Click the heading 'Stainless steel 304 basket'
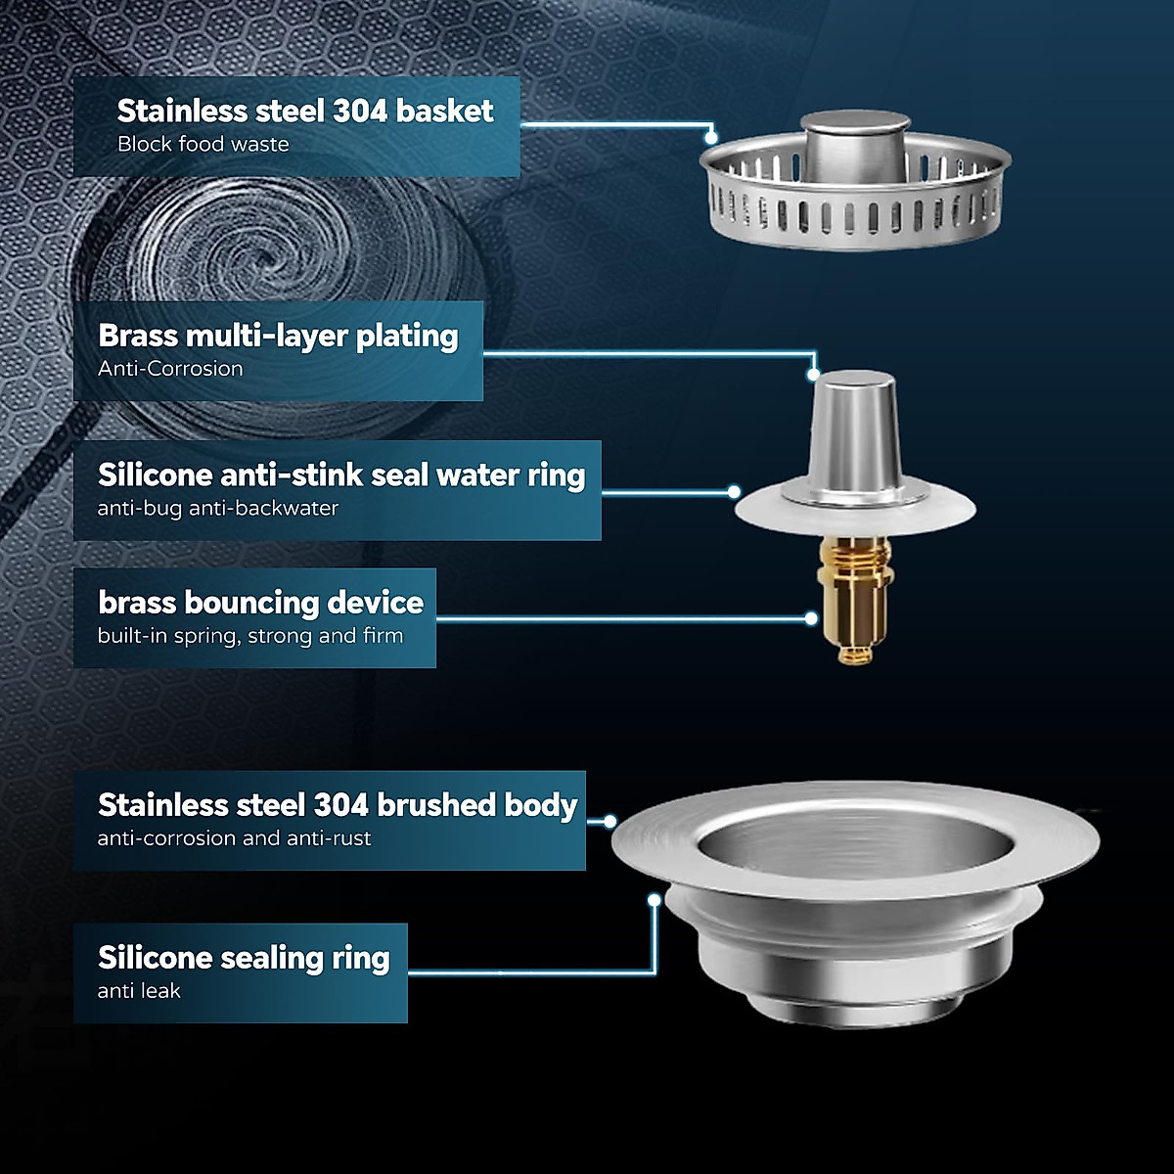pyautogui.click(x=304, y=111)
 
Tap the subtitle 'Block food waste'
pyautogui.click(x=203, y=144)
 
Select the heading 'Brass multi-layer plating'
pyautogui.click(x=278, y=336)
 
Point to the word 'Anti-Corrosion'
pyautogui.click(x=170, y=369)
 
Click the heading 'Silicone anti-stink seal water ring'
pyautogui.click(x=341, y=475)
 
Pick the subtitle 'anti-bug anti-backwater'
pyautogui.click(x=217, y=508)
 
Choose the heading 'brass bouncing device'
pyautogui.click(x=260, y=603)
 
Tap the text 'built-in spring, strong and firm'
pyautogui.click(x=249, y=636)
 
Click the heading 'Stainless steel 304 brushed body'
pyautogui.click(x=338, y=805)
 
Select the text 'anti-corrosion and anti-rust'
pyautogui.click(x=234, y=838)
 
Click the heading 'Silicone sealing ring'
pyautogui.click(x=244, y=958)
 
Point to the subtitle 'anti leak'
pyautogui.click(x=139, y=991)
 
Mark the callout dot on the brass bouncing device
pyautogui.click(x=811, y=618)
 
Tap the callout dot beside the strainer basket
pyautogui.click(x=711, y=138)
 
